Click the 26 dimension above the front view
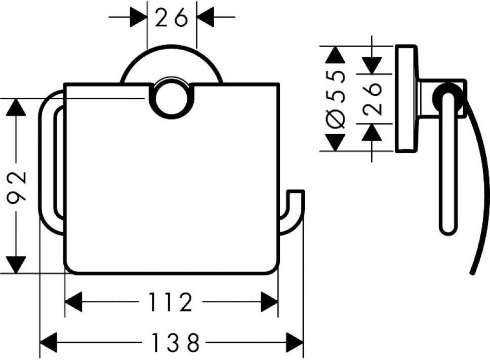coord(171,19)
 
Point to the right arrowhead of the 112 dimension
coord(269,303)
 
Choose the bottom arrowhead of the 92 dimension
coord(17,265)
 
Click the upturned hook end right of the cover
coord(296,203)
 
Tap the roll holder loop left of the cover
coord(51,162)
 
